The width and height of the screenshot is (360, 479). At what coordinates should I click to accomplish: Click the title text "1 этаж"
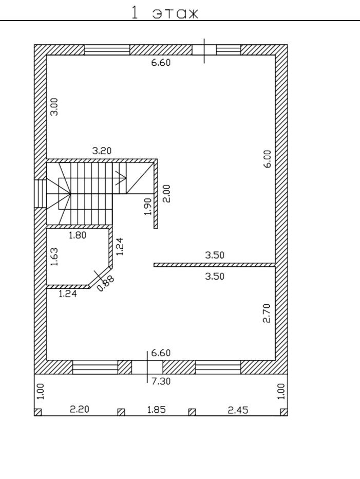point(165,13)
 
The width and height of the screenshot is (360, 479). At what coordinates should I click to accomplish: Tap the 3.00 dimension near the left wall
point(55,107)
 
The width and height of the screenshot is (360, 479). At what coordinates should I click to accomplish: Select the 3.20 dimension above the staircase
point(102,151)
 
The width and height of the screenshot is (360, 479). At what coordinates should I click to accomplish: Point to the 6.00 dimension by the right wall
point(267,159)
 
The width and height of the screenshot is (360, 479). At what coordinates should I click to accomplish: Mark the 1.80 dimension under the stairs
point(78,235)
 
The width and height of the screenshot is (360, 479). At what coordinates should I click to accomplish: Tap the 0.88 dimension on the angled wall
point(106,284)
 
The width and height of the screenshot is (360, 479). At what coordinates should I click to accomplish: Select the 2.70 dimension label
point(267,313)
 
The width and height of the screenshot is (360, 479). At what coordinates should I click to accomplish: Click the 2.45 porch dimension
point(238,410)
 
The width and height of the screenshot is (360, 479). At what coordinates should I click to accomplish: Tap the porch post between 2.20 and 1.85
point(121,412)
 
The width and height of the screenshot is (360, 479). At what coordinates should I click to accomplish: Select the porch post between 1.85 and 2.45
point(192,412)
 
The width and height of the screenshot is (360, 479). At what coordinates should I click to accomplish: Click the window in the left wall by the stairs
point(41,193)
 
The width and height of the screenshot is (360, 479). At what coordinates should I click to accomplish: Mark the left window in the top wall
point(107,49)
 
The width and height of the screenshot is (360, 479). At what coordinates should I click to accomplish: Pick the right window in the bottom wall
point(218,367)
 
